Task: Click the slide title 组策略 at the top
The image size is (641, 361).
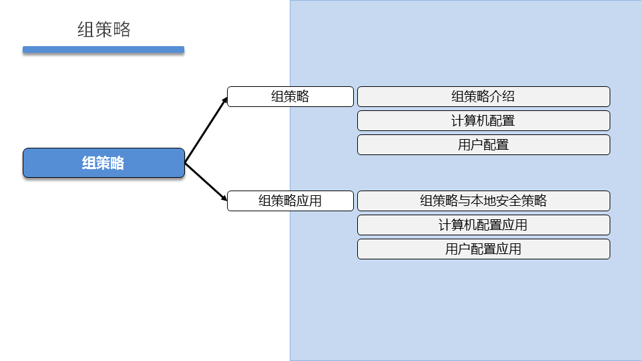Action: pyautogui.click(x=103, y=29)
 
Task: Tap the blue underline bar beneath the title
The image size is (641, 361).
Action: pyautogui.click(x=103, y=49)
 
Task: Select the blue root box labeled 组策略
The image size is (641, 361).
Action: pyautogui.click(x=103, y=163)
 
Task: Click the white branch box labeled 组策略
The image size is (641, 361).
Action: pyautogui.click(x=290, y=96)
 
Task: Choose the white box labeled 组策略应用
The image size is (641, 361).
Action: pyautogui.click(x=290, y=201)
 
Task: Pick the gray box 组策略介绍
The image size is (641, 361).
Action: pyautogui.click(x=483, y=96)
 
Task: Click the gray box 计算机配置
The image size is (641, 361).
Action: pyautogui.click(x=483, y=120)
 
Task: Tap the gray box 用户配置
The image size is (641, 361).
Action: pyautogui.click(x=483, y=144)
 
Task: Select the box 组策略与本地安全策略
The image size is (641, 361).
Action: pyautogui.click(x=483, y=201)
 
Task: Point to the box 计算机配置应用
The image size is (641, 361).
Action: pyautogui.click(x=483, y=225)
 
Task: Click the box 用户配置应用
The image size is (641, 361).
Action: pyautogui.click(x=483, y=249)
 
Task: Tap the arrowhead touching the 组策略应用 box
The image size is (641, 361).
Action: pyautogui.click(x=224, y=199)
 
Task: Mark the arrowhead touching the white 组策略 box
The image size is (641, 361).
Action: pyautogui.click(x=224, y=99)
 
